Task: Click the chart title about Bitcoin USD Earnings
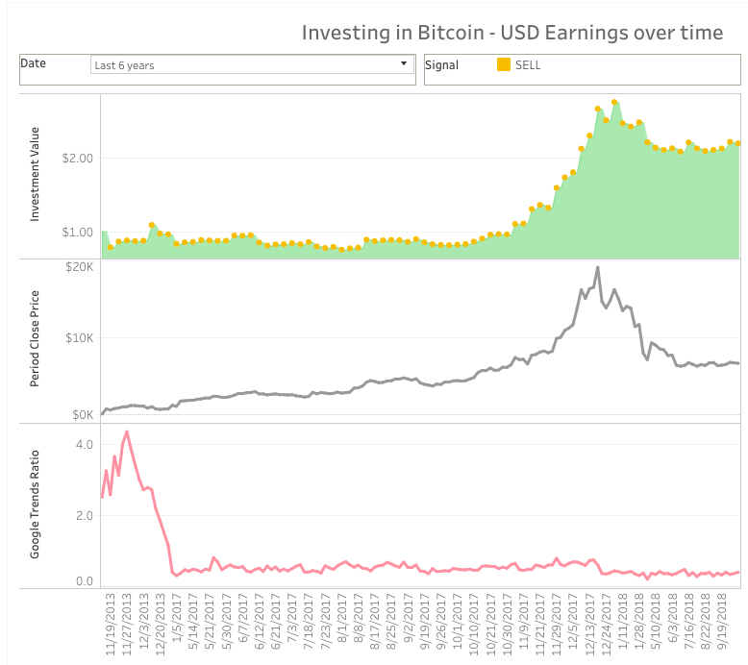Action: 511,33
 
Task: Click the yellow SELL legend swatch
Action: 504,65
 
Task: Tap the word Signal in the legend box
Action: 443,65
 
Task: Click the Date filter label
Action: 34,63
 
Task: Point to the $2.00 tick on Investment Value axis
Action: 77,158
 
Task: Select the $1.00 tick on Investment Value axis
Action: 77,233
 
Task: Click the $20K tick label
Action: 78,266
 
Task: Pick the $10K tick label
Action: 78,338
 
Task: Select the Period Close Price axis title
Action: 36,341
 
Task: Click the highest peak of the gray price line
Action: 597,267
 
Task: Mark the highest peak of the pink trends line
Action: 127,431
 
